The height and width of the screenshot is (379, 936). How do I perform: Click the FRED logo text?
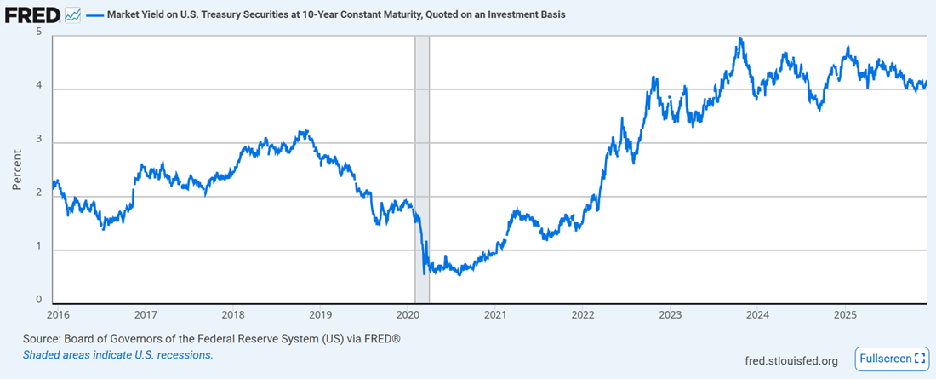coord(33,15)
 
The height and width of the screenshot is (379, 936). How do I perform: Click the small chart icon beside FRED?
coord(72,15)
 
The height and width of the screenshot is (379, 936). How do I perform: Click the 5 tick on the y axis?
coord(39,32)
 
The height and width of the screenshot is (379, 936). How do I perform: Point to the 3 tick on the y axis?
coord(39,141)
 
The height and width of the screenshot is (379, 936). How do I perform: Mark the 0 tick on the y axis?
coord(39,300)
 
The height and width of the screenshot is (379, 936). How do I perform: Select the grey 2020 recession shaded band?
coord(421,170)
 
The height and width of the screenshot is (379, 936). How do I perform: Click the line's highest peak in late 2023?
coord(741,38)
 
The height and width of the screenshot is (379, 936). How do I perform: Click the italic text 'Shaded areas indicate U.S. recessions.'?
coord(118,354)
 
